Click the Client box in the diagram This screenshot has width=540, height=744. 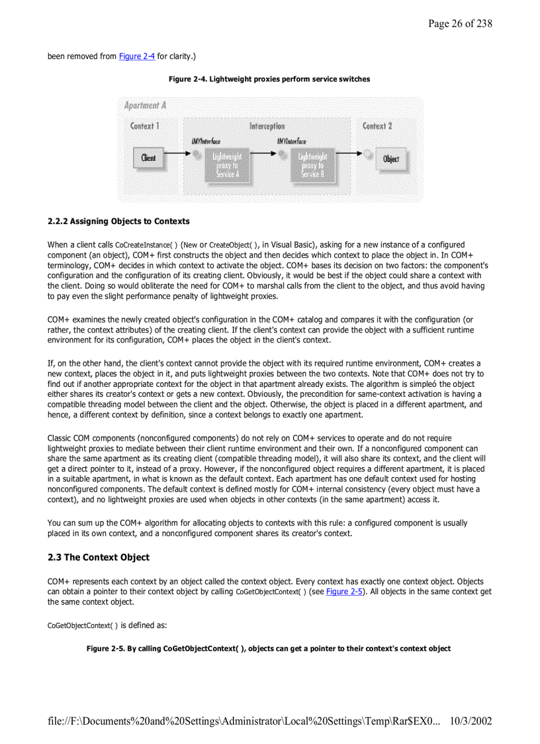tap(149, 158)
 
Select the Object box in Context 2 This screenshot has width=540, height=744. tap(390, 159)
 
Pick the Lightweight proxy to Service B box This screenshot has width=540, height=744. tap(312, 165)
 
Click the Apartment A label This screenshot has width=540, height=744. tap(145, 105)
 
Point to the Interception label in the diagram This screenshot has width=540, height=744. tap(267, 126)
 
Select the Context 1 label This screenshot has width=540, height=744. tap(144, 126)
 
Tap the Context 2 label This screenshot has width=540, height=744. tap(377, 126)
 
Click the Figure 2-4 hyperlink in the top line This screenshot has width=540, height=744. tap(137, 56)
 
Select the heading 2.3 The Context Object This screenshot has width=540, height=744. tap(99, 557)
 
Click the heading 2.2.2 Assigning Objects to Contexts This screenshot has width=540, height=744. tap(118, 221)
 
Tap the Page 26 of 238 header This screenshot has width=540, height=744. tap(460, 24)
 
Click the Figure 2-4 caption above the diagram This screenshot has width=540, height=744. tap(269, 80)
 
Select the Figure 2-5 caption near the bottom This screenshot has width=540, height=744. tap(269, 649)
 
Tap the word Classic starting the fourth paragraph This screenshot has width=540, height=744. tap(60, 438)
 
